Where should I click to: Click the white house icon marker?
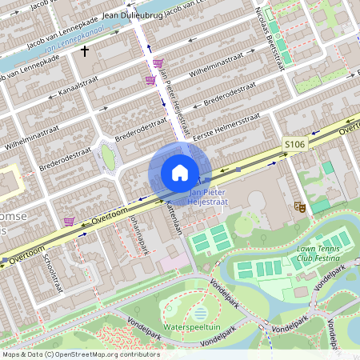coord(179,173)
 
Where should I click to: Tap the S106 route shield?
coord(294,144)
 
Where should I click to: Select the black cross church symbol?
coord(85,52)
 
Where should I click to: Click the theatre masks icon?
coord(300,206)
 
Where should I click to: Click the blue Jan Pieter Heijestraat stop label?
coord(208,198)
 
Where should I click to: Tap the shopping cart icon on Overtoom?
coord(70,221)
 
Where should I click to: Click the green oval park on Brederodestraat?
coord(108,159)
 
